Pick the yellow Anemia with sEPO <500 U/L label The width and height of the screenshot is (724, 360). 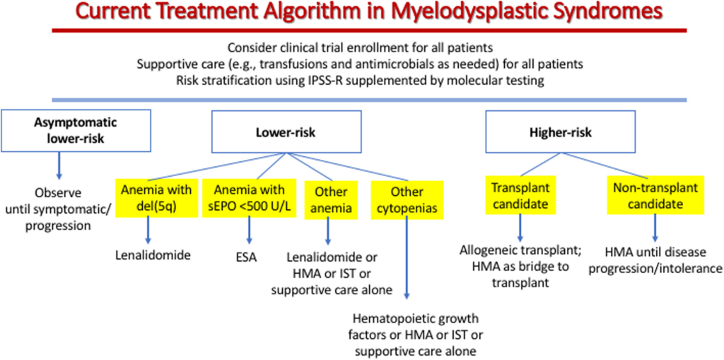(x=248, y=198)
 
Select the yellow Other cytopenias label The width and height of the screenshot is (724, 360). (x=407, y=199)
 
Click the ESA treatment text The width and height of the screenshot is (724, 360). (x=248, y=256)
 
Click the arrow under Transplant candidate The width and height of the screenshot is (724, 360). (x=521, y=228)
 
